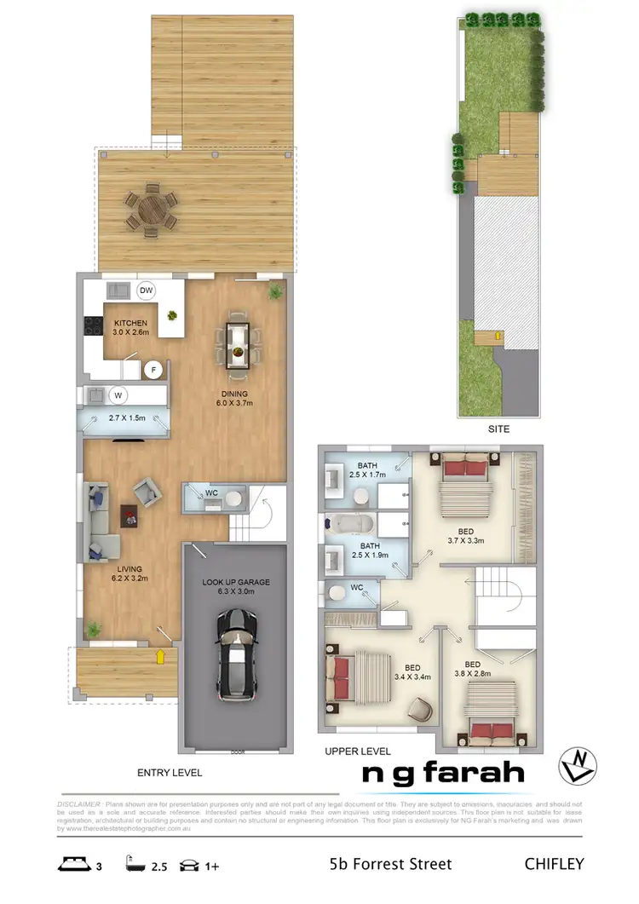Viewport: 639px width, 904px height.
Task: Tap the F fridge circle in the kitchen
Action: [x=154, y=369]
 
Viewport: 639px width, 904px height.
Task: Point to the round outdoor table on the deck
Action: [x=151, y=210]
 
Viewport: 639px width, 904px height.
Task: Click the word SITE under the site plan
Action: [x=498, y=429]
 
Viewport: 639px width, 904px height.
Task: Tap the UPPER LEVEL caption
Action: [x=357, y=751]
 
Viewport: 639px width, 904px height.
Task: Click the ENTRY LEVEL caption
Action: [x=170, y=773]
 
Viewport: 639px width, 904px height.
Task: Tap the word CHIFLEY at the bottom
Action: [x=554, y=864]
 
